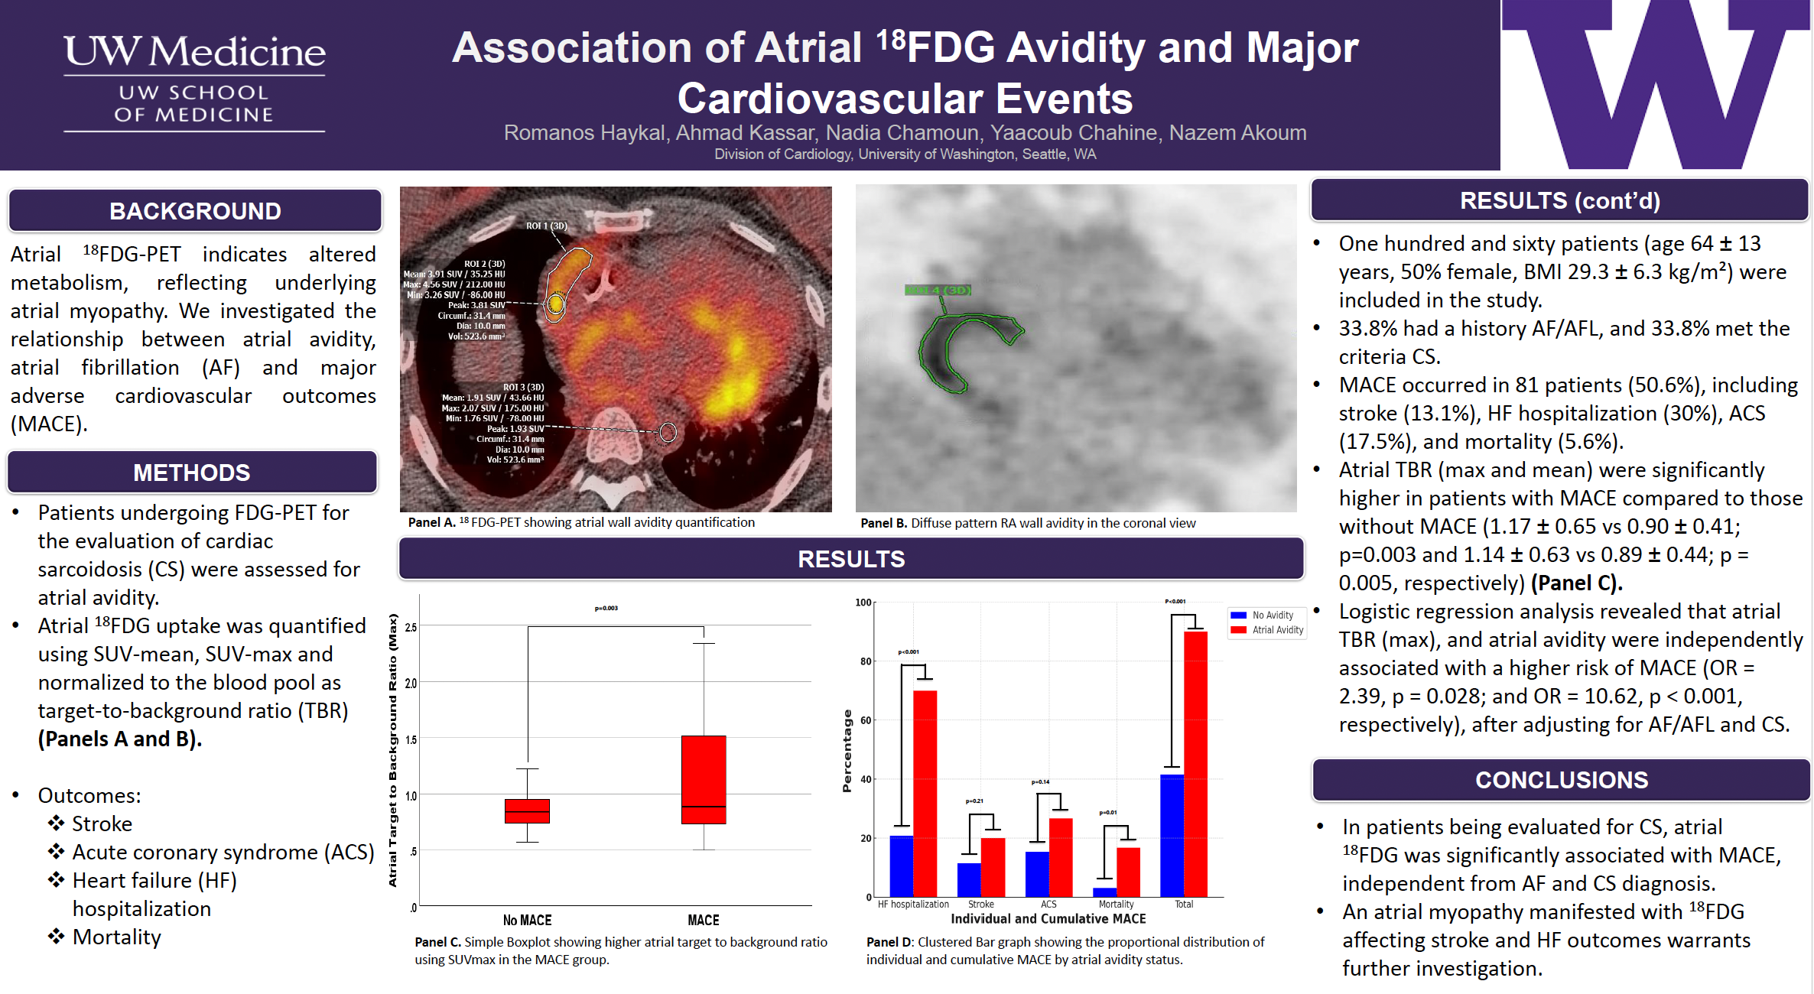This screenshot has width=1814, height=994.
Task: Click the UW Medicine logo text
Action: pyautogui.click(x=194, y=52)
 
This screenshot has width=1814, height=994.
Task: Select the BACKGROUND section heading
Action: pyautogui.click(x=195, y=211)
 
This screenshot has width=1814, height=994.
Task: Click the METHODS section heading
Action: pyautogui.click(x=191, y=473)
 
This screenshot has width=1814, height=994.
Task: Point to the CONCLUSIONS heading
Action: pyautogui.click(x=1561, y=780)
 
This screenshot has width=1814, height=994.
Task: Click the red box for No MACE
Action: pyautogui.click(x=527, y=810)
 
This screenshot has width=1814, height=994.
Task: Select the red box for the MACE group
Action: pyautogui.click(x=704, y=779)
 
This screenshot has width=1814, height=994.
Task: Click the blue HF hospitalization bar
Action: pyautogui.click(x=902, y=866)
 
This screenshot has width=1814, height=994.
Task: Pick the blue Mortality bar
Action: pyautogui.click(x=1104, y=892)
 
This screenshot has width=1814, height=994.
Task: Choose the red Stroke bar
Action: pyautogui.click(x=993, y=867)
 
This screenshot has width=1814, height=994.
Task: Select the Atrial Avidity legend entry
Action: pyautogui.click(x=1276, y=630)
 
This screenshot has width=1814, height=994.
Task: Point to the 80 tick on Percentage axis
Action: pyautogui.click(x=866, y=661)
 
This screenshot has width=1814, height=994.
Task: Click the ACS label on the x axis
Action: pyautogui.click(x=1048, y=905)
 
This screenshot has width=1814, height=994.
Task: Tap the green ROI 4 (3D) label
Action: pyautogui.click(x=938, y=290)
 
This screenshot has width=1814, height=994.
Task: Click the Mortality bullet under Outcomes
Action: pyautogui.click(x=116, y=937)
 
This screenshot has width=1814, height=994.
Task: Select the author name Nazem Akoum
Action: pyautogui.click(x=1237, y=133)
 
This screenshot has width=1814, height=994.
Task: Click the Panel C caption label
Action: pyautogui.click(x=437, y=942)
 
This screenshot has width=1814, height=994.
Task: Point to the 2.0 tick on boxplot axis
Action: pyautogui.click(x=411, y=683)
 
